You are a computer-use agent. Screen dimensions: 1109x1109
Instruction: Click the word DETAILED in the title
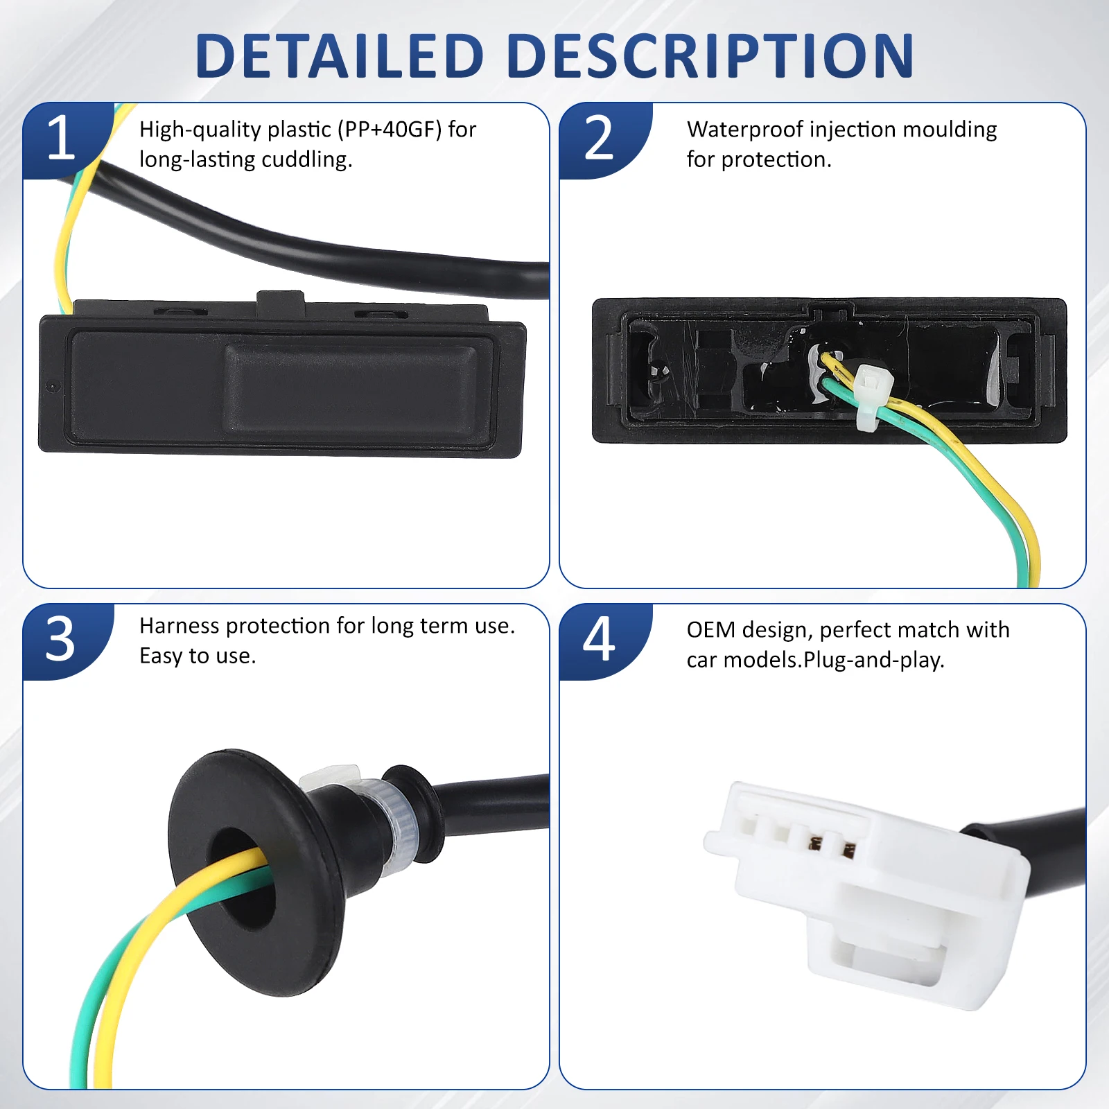pyautogui.click(x=340, y=55)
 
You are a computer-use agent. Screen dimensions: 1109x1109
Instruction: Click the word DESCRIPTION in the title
pyautogui.click(x=711, y=55)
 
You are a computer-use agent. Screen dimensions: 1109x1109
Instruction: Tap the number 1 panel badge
pyautogui.click(x=62, y=139)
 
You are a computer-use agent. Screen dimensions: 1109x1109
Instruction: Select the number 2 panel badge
pyautogui.click(x=600, y=139)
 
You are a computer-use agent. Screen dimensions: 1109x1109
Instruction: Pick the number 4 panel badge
pyautogui.click(x=600, y=639)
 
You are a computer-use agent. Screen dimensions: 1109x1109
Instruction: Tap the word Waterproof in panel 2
pyautogui.click(x=744, y=130)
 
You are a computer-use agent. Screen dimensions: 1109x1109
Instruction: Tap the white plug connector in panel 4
pyautogui.click(x=866, y=894)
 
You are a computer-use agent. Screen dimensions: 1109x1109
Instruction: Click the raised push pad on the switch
pyautogui.click(x=351, y=389)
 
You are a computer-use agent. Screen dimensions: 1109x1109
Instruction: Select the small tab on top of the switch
pyautogui.click(x=281, y=301)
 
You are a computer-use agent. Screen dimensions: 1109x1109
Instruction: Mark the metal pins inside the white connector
pyautogui.click(x=832, y=846)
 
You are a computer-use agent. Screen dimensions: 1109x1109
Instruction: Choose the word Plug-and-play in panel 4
pyautogui.click(x=873, y=661)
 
